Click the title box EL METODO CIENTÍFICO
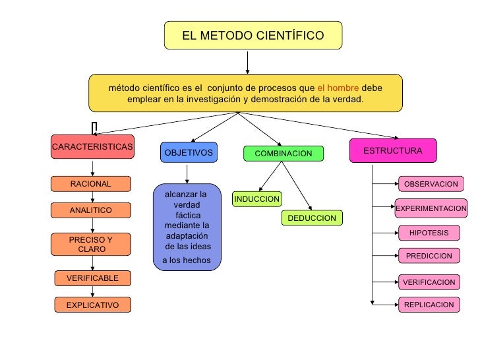(x=253, y=35)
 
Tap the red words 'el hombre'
(x=338, y=88)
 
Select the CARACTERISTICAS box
(x=92, y=146)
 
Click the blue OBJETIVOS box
(x=189, y=153)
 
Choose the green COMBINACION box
(x=284, y=154)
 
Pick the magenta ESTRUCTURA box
(x=392, y=151)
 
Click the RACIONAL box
(x=91, y=184)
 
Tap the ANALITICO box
(x=91, y=210)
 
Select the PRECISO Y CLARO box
(x=91, y=245)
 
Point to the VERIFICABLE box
(x=92, y=278)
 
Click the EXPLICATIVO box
(x=92, y=305)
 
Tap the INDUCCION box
(x=257, y=199)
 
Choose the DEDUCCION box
(x=312, y=218)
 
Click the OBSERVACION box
(x=431, y=184)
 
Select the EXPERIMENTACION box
(x=431, y=208)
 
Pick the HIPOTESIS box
(x=429, y=233)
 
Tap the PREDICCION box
(x=429, y=256)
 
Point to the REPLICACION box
(x=429, y=305)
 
